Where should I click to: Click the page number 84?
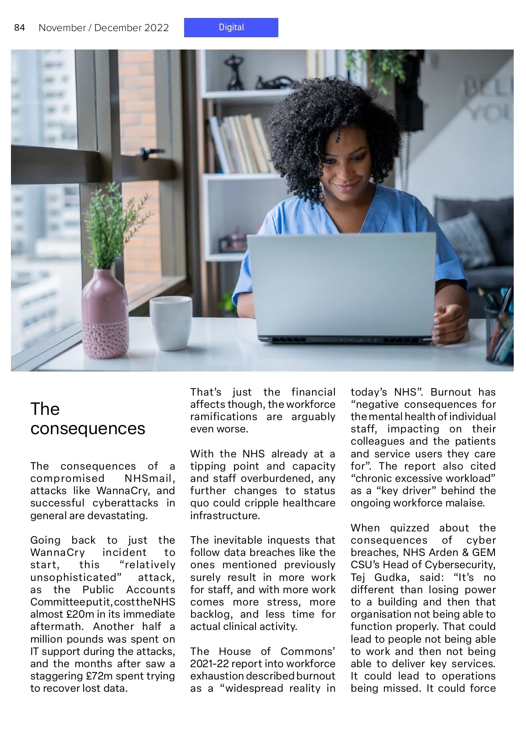(19, 28)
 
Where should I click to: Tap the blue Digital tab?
(231, 27)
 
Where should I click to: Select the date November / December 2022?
(103, 28)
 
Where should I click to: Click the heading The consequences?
(87, 418)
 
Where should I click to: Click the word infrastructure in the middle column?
(224, 516)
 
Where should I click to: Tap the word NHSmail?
(149, 478)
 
